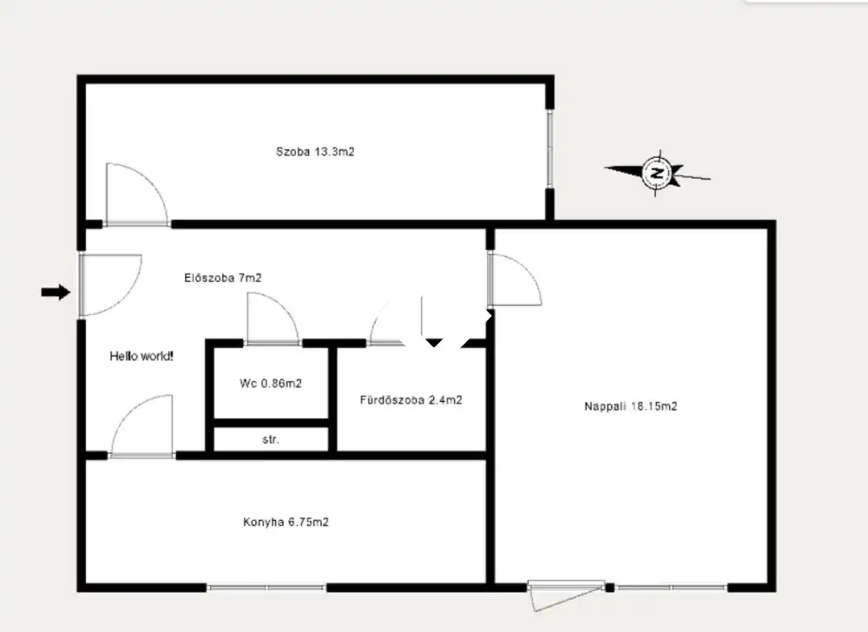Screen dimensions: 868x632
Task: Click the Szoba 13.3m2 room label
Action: coord(315,152)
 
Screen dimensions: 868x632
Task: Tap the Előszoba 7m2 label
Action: coord(222,278)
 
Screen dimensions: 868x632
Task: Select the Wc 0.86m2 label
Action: coord(271,384)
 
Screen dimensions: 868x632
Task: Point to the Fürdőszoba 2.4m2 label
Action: coord(411,399)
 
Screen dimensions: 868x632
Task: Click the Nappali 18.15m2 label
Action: coord(630,406)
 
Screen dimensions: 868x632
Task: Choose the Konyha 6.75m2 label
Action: coord(286,522)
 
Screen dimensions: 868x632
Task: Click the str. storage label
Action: coord(271,440)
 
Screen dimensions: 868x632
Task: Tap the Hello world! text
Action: coord(141,357)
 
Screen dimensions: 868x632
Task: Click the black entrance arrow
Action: coord(56,292)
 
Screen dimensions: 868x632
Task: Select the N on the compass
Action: coord(658,174)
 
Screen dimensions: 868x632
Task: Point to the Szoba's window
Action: coord(549,148)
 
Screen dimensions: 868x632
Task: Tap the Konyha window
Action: coord(266,587)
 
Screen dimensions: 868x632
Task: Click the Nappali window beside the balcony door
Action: coord(671,587)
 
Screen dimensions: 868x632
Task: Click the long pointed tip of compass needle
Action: coord(604,168)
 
